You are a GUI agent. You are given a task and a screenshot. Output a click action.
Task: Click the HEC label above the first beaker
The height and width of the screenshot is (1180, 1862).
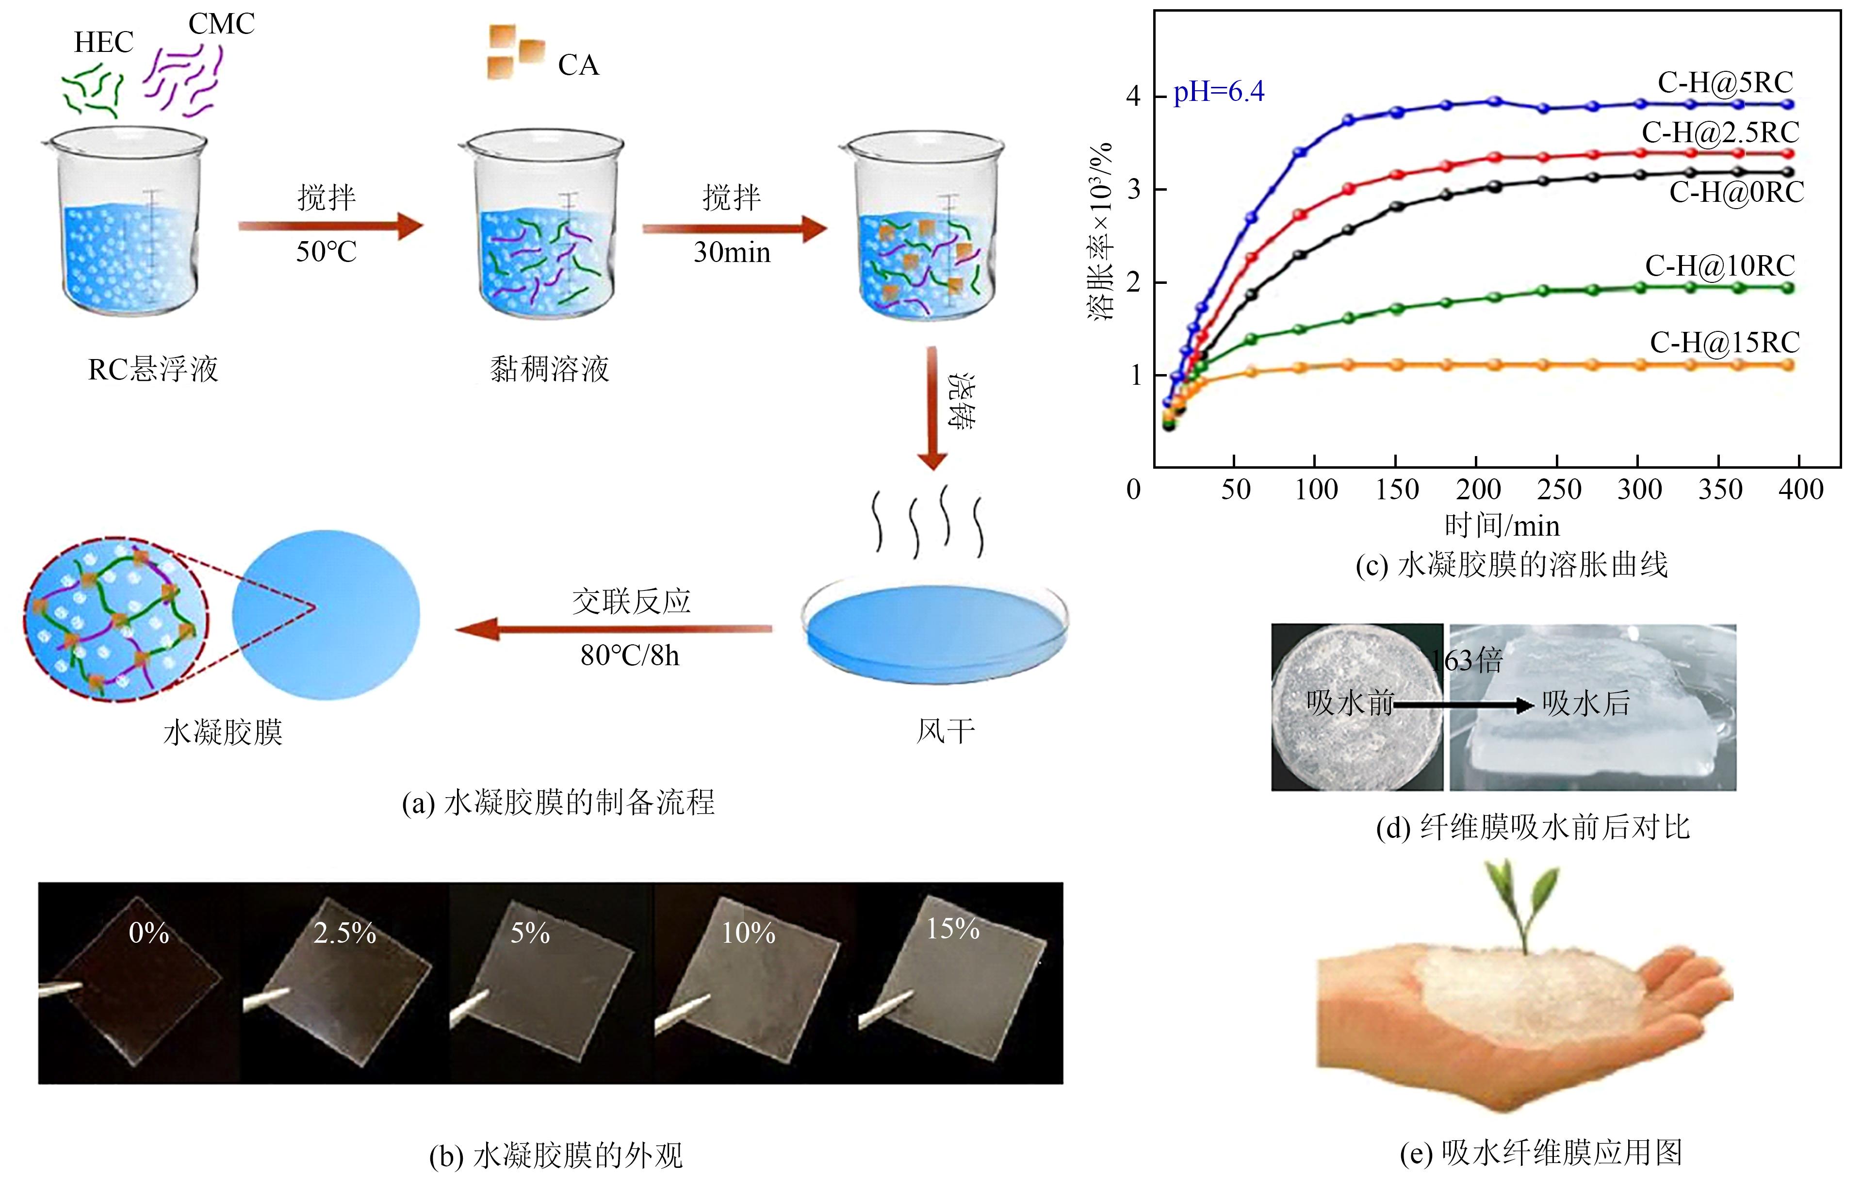(104, 43)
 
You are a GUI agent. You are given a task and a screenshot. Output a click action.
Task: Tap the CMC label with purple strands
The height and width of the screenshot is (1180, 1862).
(221, 24)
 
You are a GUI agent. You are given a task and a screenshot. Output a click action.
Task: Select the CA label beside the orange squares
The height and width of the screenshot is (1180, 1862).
(578, 66)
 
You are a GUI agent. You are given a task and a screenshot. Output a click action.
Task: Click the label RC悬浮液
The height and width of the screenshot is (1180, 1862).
(153, 370)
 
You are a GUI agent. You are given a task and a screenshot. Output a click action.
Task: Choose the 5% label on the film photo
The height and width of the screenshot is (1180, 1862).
(530, 934)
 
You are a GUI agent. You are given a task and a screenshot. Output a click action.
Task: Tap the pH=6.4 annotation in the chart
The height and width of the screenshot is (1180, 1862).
(1219, 92)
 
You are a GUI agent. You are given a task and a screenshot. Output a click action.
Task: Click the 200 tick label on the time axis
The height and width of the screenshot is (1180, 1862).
(1478, 490)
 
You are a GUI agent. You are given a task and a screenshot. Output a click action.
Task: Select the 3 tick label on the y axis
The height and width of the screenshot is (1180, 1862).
(1134, 189)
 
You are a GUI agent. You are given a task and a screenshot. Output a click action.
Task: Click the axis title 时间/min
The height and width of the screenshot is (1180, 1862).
(1502, 526)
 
